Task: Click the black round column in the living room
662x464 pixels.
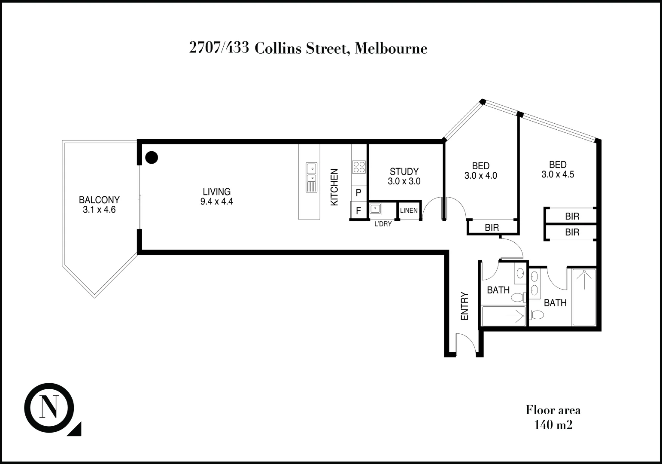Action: [x=151, y=158]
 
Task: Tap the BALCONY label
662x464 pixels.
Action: [x=99, y=200]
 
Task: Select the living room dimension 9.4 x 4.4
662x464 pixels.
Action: [x=216, y=201]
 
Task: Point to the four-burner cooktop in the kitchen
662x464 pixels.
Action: [x=358, y=167]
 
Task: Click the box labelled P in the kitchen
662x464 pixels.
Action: [x=358, y=193]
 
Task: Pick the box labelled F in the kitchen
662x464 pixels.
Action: [x=358, y=211]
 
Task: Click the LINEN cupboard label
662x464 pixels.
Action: [x=409, y=211]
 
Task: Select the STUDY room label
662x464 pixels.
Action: [x=404, y=172]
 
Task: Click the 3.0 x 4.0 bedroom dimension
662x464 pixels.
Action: [x=480, y=176]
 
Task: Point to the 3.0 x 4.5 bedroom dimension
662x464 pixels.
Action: [x=558, y=174]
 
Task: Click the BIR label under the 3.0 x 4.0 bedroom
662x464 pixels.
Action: [x=492, y=228]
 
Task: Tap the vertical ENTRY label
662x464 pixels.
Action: [x=465, y=306]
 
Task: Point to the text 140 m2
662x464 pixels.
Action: [x=553, y=425]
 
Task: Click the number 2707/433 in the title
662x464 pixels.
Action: [x=219, y=48]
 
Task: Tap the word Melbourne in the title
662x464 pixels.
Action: [x=392, y=48]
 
